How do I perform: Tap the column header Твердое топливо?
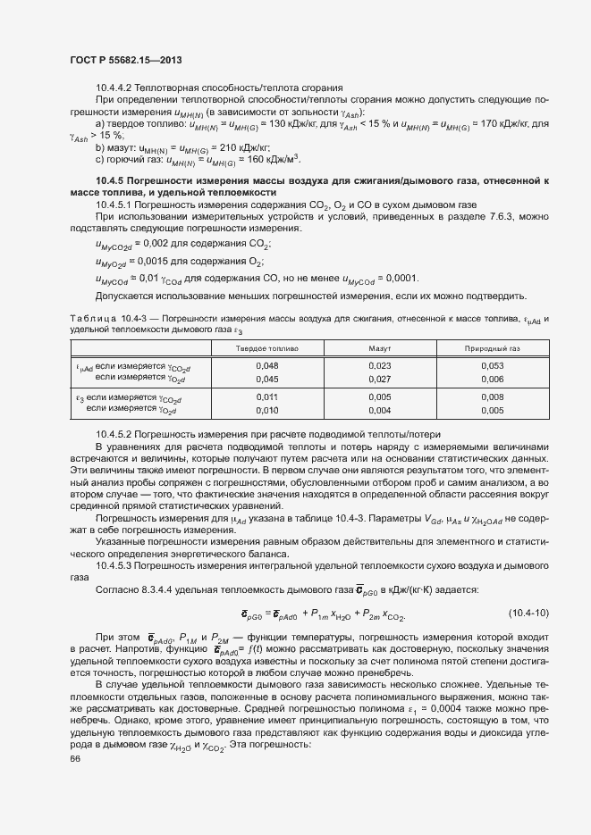click(x=266, y=347)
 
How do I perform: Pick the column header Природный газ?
click(x=492, y=347)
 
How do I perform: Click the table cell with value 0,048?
click(x=266, y=365)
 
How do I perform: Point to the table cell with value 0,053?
click(x=492, y=365)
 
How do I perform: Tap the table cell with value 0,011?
click(x=266, y=396)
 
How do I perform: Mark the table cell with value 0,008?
click(x=492, y=396)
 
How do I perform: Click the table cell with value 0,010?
click(x=266, y=410)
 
